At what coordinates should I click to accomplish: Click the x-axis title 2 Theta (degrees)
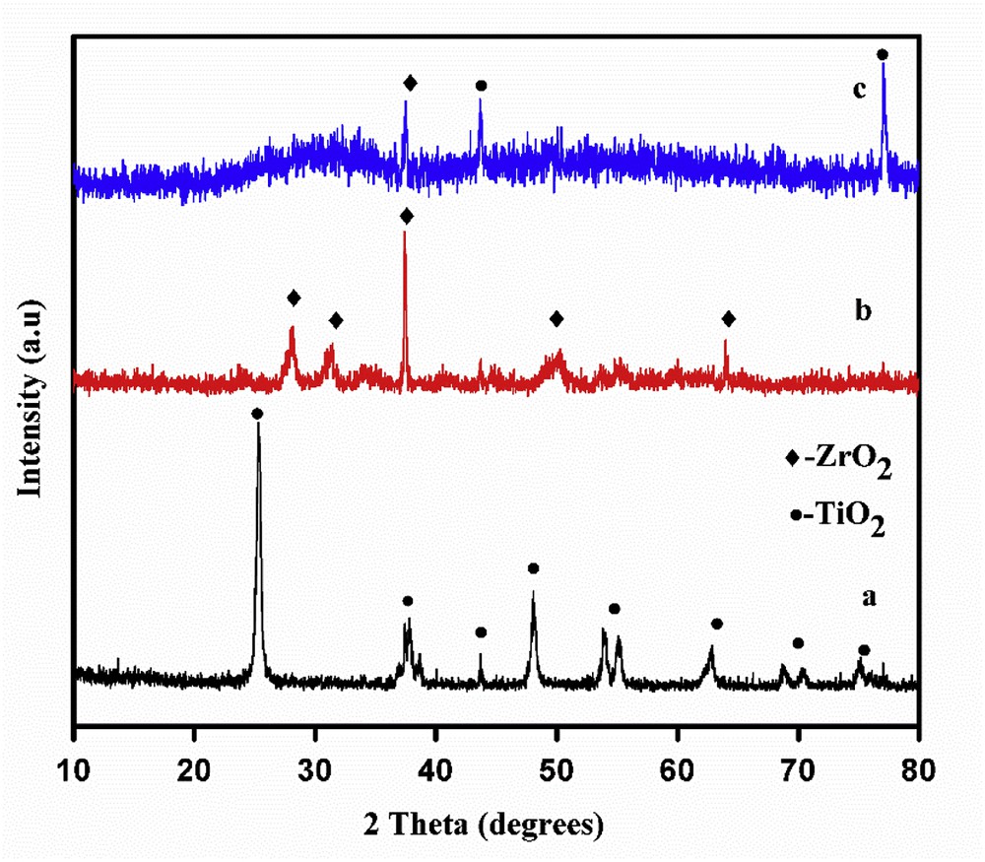(495, 821)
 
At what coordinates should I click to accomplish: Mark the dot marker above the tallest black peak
(257, 414)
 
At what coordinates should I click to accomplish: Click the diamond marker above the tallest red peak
(406, 216)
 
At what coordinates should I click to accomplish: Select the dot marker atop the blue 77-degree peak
(883, 54)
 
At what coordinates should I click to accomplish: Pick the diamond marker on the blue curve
(410, 83)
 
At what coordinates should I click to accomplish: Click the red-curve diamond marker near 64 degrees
(728, 318)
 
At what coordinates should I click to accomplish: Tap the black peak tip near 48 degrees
(533, 592)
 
